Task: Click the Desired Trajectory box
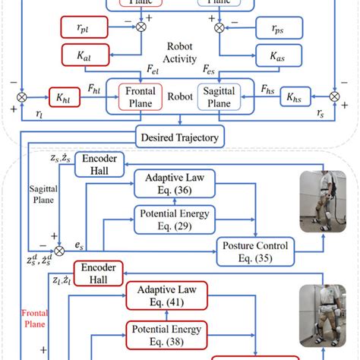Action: [180, 137]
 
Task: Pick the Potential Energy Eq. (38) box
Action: [166, 335]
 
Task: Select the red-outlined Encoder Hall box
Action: [96, 275]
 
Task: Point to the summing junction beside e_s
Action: [59, 250]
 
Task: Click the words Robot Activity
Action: [180, 50]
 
